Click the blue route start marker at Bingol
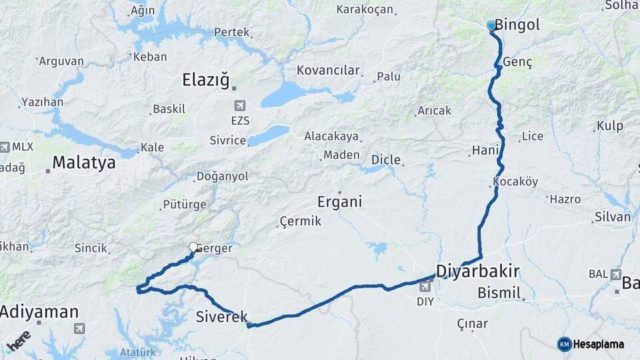point(491,25)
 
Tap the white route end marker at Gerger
point(193,247)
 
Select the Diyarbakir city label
point(477,271)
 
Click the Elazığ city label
point(205,81)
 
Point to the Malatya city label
point(83,162)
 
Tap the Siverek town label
point(222,317)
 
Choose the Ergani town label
point(339,201)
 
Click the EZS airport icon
point(239,106)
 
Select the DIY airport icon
point(425,286)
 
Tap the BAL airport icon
point(615,274)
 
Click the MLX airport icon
point(5,147)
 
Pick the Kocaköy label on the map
point(515,181)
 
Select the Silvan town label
point(612,217)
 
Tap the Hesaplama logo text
point(598,344)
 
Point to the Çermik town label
point(300,221)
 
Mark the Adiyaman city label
point(39,311)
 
